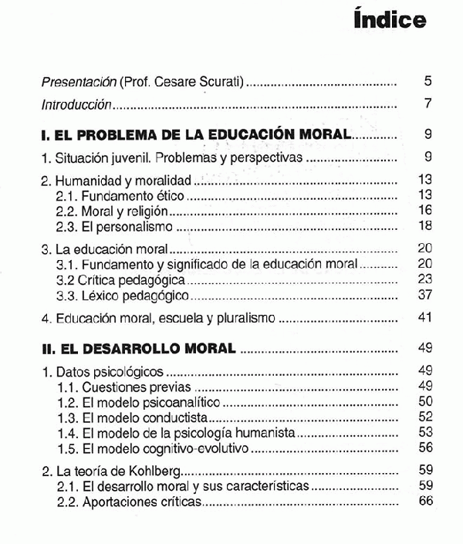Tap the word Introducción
coord(77,105)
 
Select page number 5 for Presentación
coord(428,81)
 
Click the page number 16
coord(424,210)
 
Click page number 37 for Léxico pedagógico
coord(424,296)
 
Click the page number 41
coord(424,317)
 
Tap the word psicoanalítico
coord(177,402)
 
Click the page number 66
coord(424,502)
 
